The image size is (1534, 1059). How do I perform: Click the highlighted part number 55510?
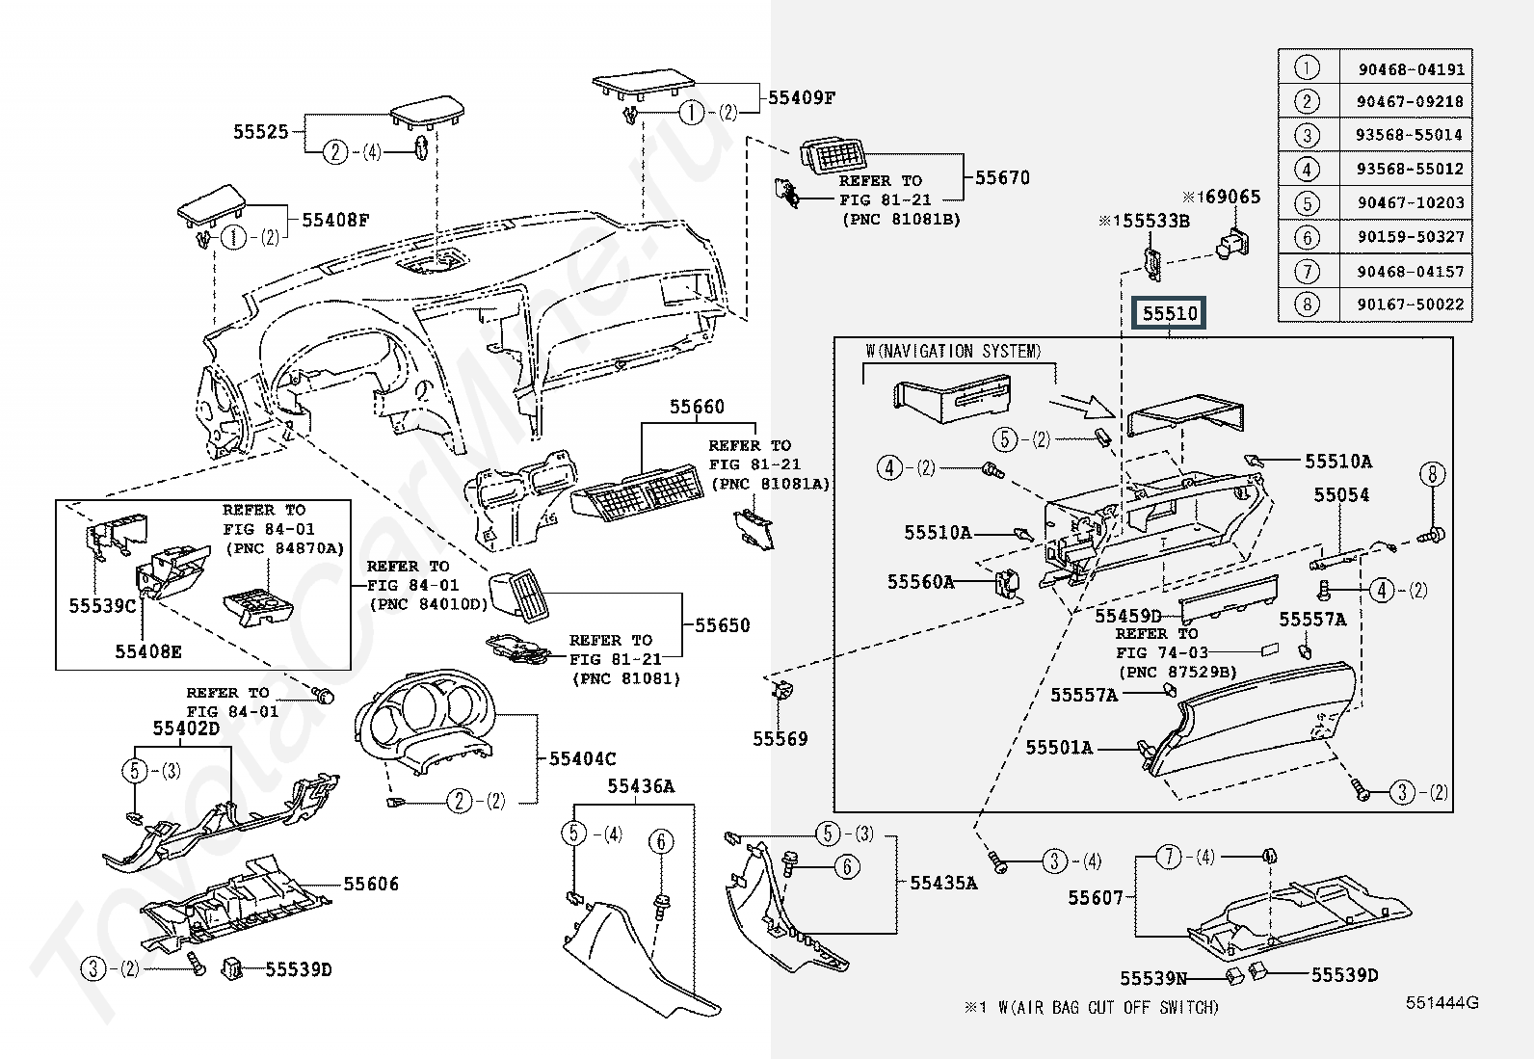click(x=1170, y=313)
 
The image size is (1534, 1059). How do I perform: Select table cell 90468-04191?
click(x=1411, y=69)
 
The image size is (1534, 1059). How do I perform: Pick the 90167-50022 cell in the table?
click(x=1411, y=304)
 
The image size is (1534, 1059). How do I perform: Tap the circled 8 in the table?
click(x=1307, y=304)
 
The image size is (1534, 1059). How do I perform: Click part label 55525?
click(x=261, y=131)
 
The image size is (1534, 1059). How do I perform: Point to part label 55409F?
click(x=801, y=97)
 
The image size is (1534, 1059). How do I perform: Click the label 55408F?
click(x=335, y=220)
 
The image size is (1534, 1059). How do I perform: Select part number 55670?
click(x=1002, y=177)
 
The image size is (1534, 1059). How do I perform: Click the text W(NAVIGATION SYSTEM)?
click(x=953, y=352)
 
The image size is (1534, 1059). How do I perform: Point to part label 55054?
click(x=1341, y=494)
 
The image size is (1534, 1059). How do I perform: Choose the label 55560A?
click(x=920, y=581)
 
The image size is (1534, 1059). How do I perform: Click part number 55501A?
click(x=1059, y=747)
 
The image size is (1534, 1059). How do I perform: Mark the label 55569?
click(x=780, y=739)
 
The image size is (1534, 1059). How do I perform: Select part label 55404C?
click(x=582, y=758)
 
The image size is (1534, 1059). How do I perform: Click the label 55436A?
click(x=641, y=787)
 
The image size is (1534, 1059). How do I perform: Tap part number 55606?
click(x=371, y=884)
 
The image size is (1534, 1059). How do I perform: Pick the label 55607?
click(x=1096, y=897)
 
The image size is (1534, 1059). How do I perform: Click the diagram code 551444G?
click(x=1441, y=1002)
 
